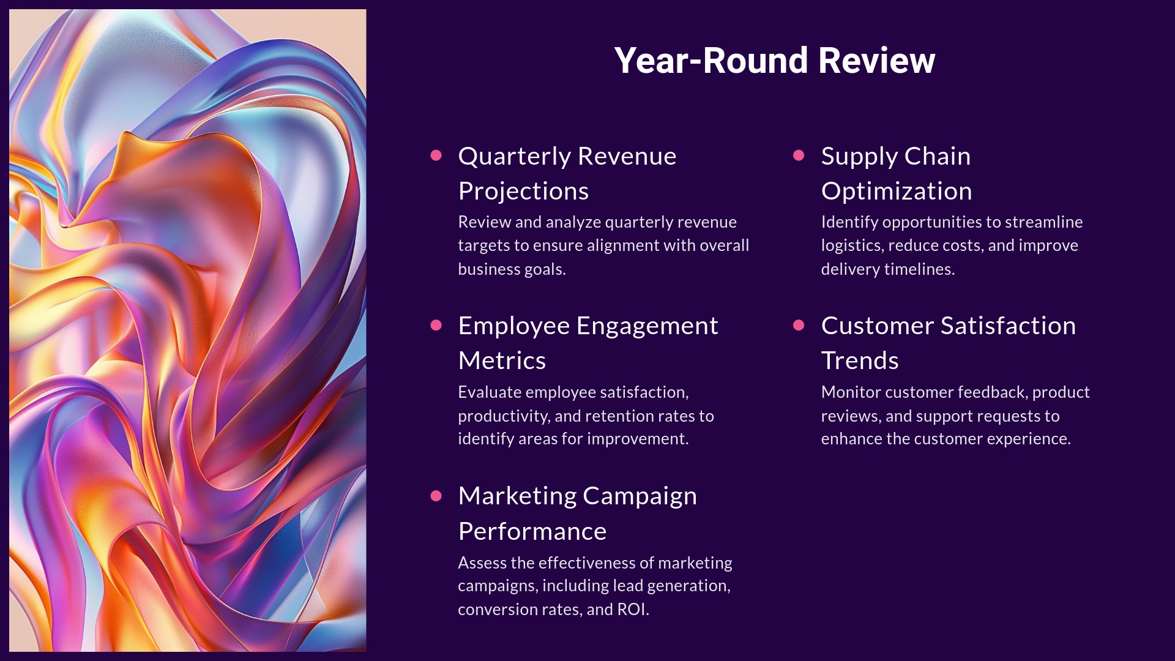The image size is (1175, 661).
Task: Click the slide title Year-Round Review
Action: [x=774, y=61]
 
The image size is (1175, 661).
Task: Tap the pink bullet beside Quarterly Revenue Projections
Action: [x=436, y=155]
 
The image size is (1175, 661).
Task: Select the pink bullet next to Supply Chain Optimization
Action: [x=799, y=155]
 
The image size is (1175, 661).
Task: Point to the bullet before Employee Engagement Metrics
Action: [x=436, y=325]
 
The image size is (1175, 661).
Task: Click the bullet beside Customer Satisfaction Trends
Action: [x=799, y=325]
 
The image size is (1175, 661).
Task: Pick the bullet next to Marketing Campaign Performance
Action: [x=436, y=495]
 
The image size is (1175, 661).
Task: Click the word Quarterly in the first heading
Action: [x=514, y=157]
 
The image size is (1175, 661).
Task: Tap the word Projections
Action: [x=523, y=192]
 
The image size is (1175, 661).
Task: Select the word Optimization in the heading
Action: [x=896, y=192]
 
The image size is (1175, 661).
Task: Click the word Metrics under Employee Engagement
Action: [x=502, y=360]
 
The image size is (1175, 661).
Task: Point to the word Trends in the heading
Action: [x=859, y=360]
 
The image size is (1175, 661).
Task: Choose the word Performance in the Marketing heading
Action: [x=532, y=531]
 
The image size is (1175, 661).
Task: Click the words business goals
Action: [x=511, y=269]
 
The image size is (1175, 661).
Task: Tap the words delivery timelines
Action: [x=887, y=269]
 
